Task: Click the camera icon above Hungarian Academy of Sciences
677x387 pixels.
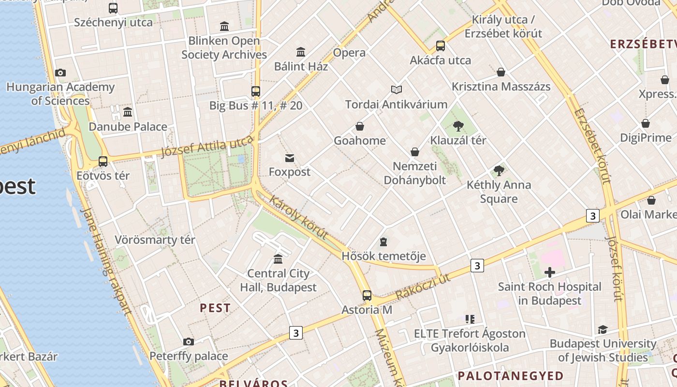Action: point(60,73)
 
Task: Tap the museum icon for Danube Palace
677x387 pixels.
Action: point(128,112)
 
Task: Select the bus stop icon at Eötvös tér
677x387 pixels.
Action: point(103,162)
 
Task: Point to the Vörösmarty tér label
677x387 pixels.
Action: point(155,240)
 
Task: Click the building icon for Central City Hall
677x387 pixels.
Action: point(278,259)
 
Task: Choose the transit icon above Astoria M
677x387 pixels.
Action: point(367,295)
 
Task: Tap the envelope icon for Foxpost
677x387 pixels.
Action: point(290,158)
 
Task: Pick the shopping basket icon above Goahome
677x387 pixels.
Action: point(360,127)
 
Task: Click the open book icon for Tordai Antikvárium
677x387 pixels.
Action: point(397,89)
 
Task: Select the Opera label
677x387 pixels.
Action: point(349,53)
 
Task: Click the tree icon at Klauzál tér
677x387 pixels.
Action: point(458,127)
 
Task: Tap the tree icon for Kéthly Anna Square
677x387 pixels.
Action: point(499,171)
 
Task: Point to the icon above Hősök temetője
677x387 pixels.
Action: point(383,241)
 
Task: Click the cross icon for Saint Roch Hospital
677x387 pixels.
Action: point(550,272)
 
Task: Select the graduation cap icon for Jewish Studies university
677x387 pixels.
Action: point(603,330)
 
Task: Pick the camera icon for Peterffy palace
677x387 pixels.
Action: point(189,342)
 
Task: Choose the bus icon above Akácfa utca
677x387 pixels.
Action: point(441,46)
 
